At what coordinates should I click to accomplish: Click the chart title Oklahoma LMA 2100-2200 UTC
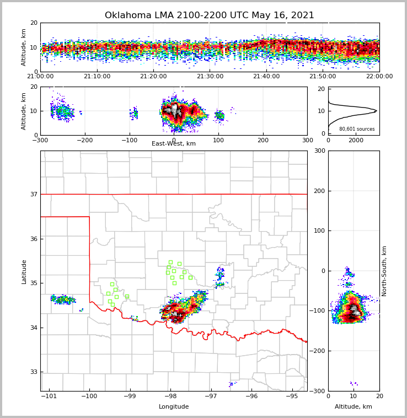point(210,15)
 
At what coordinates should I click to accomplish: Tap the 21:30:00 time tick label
point(210,77)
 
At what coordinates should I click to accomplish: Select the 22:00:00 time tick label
point(379,77)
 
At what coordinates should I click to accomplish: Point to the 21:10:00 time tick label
point(98,77)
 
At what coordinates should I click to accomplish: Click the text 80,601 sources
point(357,129)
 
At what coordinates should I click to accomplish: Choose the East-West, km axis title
point(174,144)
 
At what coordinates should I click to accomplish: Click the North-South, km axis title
point(384,271)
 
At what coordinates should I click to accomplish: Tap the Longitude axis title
point(174,406)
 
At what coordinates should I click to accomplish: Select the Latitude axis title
point(24,271)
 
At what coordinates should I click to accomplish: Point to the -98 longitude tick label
point(170,395)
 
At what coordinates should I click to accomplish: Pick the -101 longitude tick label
point(49,395)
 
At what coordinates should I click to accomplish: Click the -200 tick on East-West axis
point(84,140)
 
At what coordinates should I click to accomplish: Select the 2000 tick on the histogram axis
point(356,140)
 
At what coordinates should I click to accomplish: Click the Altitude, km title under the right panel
point(354,406)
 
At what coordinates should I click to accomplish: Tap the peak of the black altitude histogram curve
point(376,111)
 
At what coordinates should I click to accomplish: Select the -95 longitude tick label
point(292,395)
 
